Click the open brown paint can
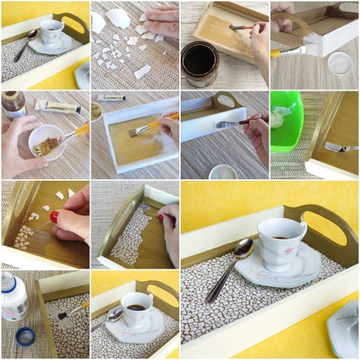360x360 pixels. click(x=200, y=63)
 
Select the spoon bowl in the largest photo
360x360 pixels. click(x=242, y=248)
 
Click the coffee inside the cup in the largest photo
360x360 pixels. click(x=281, y=237)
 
